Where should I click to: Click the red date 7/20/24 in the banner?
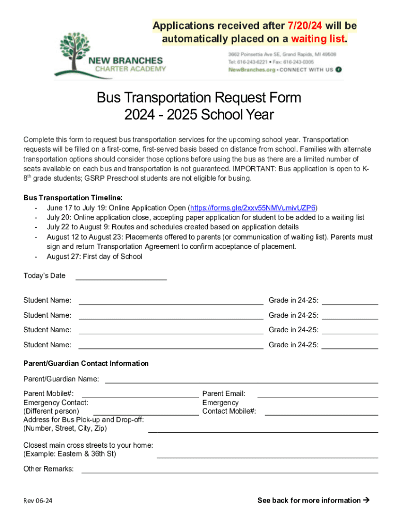[x=304, y=26]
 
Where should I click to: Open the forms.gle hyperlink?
[x=253, y=208]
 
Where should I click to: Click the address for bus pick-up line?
[x=263, y=431]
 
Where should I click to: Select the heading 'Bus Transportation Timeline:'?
[x=73, y=198]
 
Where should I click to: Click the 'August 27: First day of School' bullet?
[x=94, y=257]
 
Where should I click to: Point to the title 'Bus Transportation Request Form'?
[x=199, y=98]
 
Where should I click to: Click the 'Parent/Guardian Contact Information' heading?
[x=86, y=364]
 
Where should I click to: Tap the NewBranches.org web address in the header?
[x=252, y=69]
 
